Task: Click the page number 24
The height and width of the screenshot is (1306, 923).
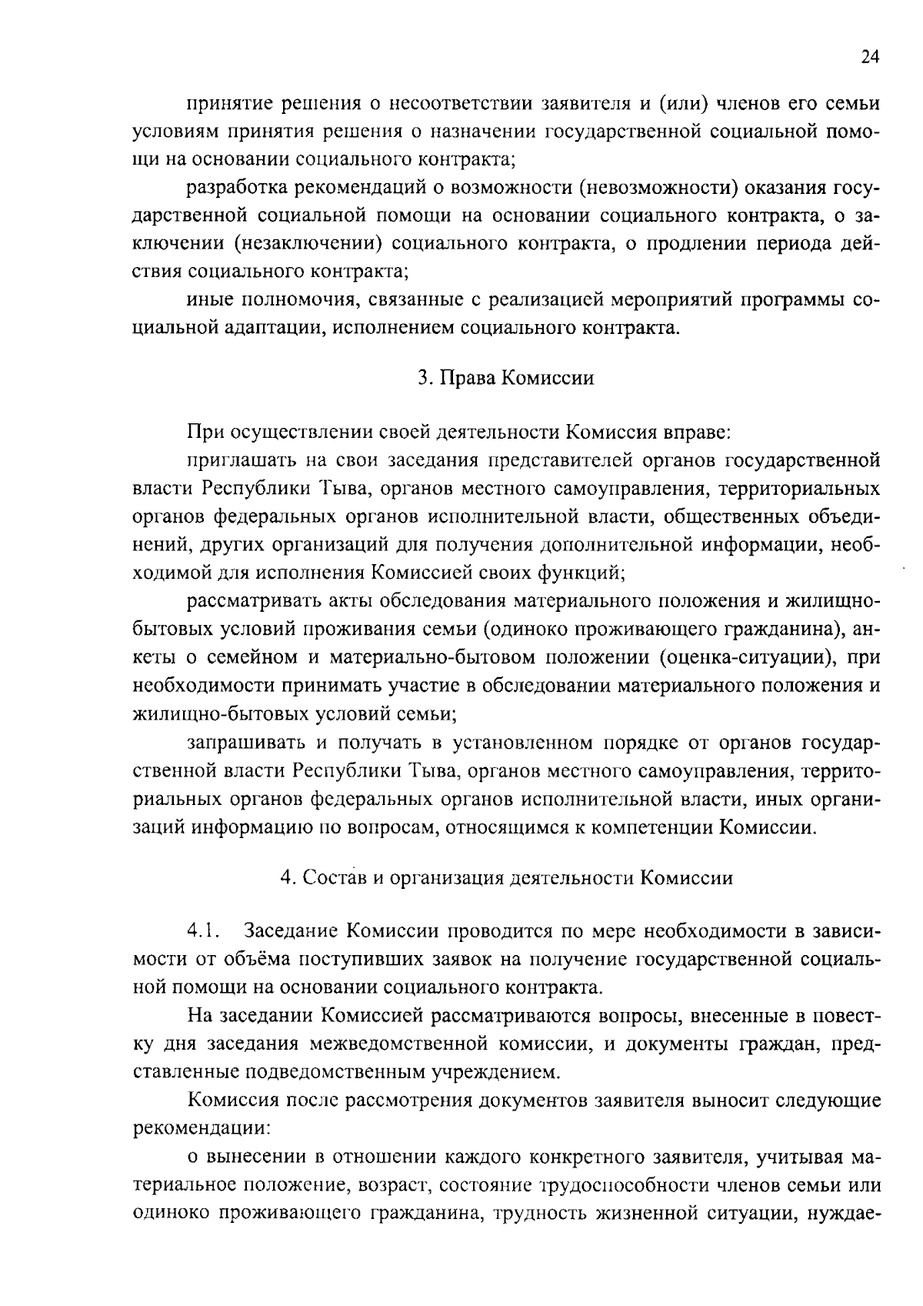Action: pos(870,57)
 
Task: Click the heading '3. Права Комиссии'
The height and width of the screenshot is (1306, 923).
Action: pos(505,379)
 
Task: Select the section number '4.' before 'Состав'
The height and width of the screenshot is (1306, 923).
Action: pos(288,878)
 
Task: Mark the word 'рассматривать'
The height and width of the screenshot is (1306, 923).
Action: pos(249,601)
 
